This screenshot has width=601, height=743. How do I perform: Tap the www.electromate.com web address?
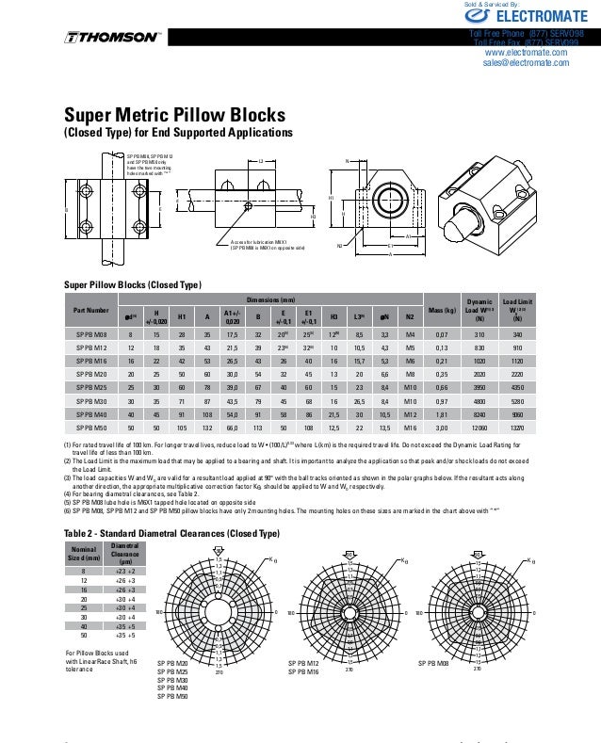coord(526,53)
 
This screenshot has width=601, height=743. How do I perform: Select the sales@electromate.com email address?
coord(526,63)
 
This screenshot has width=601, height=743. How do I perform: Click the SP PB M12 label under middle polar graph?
coord(305,663)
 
